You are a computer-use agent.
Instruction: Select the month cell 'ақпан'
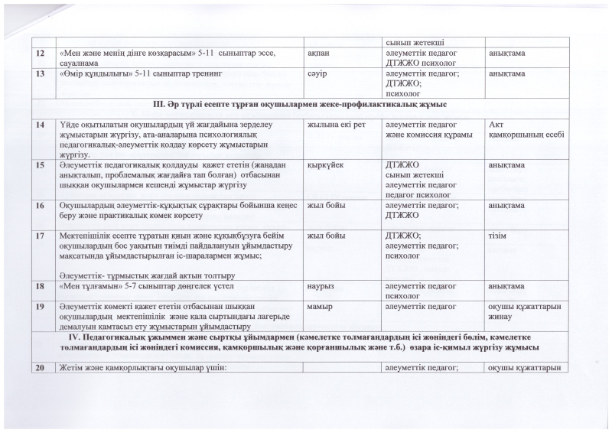319,52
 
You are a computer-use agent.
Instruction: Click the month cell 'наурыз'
321,285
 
